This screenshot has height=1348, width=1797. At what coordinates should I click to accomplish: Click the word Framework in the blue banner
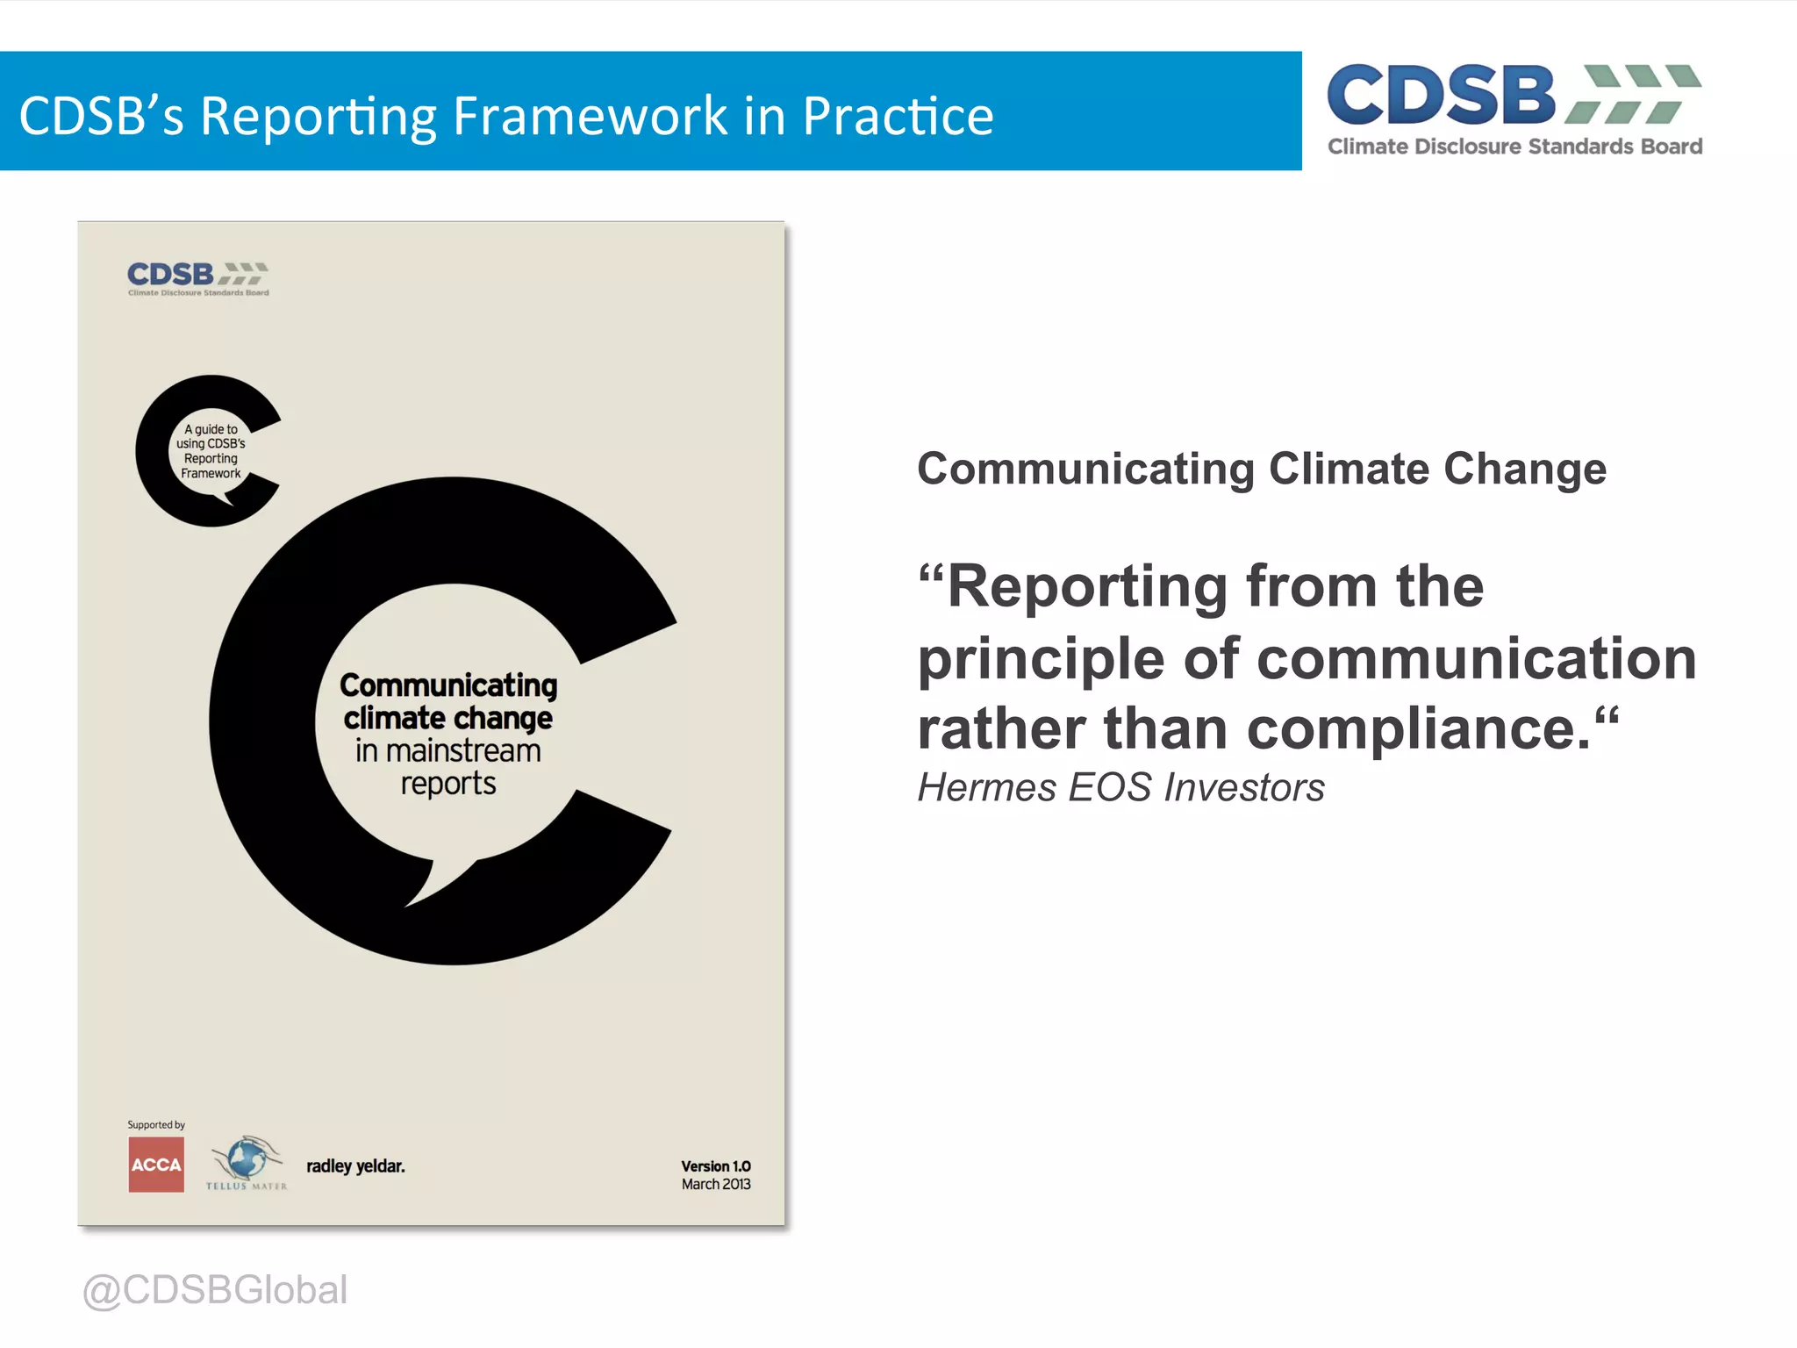tap(590, 115)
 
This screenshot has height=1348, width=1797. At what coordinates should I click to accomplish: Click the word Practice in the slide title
tap(897, 115)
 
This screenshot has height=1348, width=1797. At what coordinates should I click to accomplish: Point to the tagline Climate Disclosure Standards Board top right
tap(1514, 147)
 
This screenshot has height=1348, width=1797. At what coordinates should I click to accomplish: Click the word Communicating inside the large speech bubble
tap(448, 685)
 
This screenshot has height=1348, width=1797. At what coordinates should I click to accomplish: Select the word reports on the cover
tap(447, 783)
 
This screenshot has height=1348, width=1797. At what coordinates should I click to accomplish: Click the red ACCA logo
tap(156, 1165)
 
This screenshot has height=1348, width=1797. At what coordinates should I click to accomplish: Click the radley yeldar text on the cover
tap(355, 1166)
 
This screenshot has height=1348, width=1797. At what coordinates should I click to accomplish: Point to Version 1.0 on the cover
tap(715, 1165)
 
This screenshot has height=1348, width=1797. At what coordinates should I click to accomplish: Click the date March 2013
tap(715, 1185)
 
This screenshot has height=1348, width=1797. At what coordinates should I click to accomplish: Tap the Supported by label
tap(156, 1125)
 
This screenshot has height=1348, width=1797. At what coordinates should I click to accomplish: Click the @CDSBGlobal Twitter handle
tap(215, 1290)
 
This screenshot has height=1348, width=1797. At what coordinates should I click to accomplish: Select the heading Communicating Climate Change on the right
tap(1261, 469)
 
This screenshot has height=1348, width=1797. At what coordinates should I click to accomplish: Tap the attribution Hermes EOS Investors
tap(1120, 787)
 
